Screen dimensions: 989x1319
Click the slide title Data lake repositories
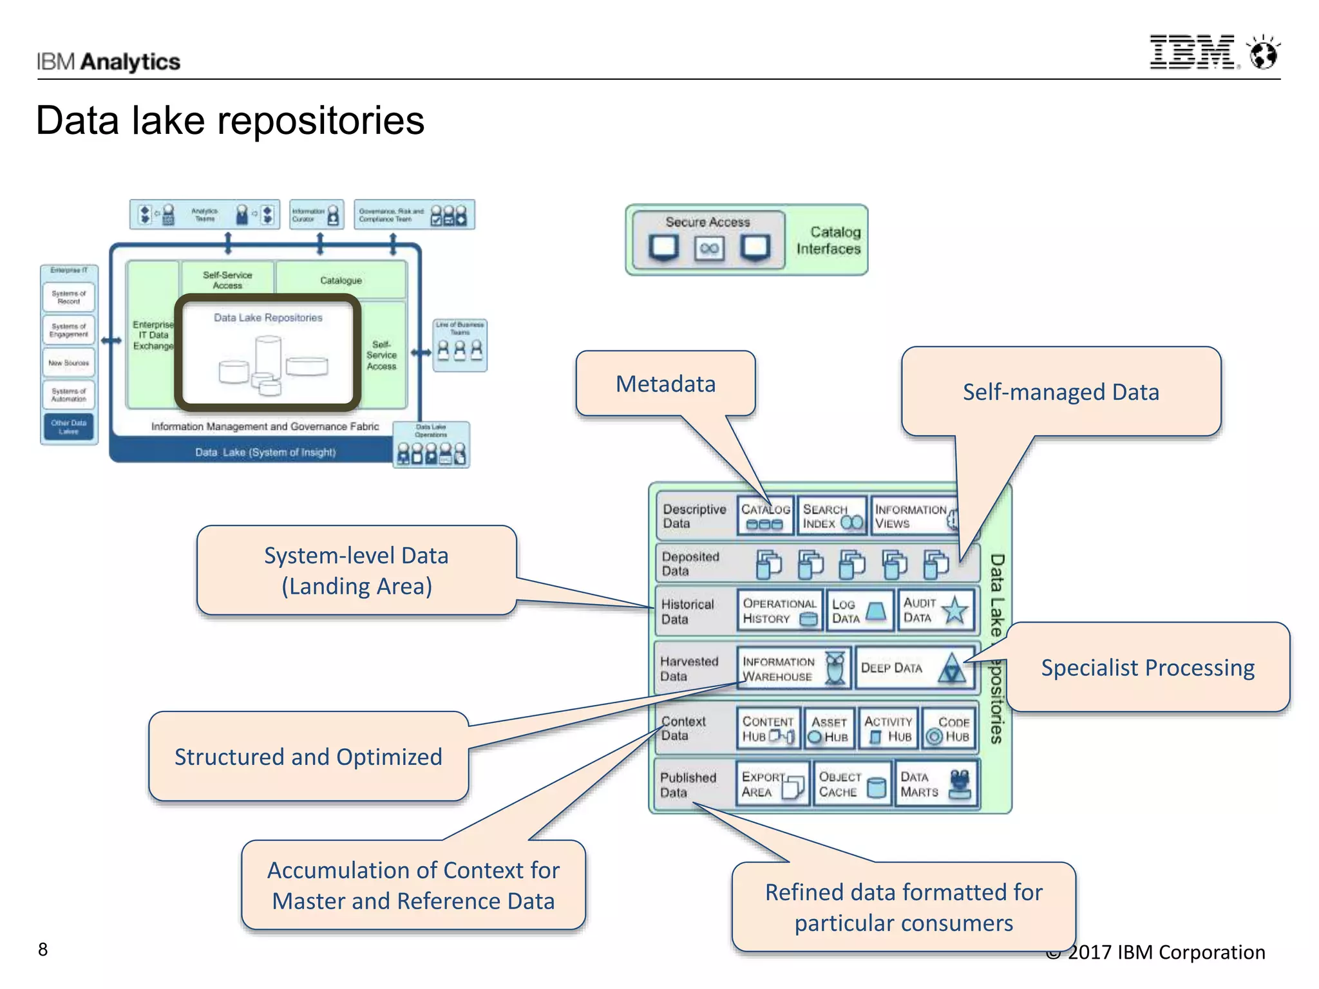click(x=230, y=120)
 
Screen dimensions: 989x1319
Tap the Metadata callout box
click(x=665, y=384)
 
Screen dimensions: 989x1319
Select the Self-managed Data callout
click(x=1061, y=392)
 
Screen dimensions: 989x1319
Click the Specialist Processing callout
click(x=1148, y=668)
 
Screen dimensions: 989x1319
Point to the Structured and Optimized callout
click(x=308, y=757)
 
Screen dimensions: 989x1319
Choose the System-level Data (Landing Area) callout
click(x=356, y=570)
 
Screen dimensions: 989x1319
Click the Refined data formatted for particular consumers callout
click(x=904, y=907)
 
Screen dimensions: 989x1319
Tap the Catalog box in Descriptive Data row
click(x=765, y=516)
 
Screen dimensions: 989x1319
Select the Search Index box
click(x=831, y=516)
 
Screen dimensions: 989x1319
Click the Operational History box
click(x=779, y=610)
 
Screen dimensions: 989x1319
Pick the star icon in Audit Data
click(x=954, y=610)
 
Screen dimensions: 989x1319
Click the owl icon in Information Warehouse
click(x=835, y=668)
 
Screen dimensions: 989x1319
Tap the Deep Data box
click(x=914, y=668)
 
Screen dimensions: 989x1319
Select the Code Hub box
click(x=949, y=729)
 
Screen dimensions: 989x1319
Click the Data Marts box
click(x=936, y=784)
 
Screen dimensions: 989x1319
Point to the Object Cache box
click(x=852, y=784)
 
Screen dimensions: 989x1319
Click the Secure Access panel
click(x=708, y=240)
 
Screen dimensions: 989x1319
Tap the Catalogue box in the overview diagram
click(x=341, y=280)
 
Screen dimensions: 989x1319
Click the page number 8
click(x=43, y=949)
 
